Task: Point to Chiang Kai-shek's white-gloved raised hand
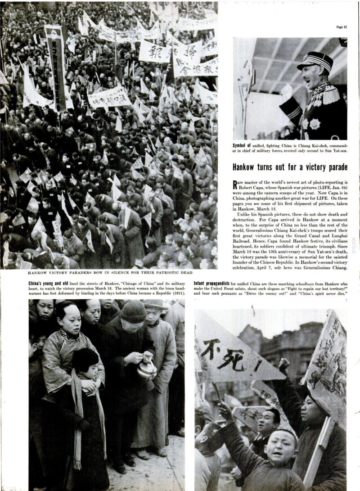pos(286,91)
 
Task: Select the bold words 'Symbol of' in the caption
pos(243,146)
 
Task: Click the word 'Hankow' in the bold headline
pos(245,167)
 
